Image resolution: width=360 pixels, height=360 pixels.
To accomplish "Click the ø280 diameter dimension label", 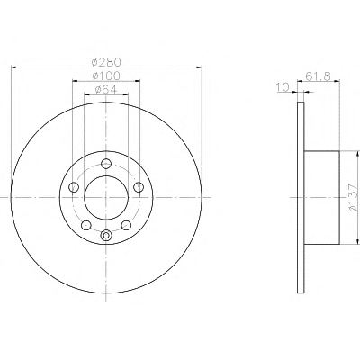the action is point(106,62).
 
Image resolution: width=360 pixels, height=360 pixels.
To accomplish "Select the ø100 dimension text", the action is point(106,76).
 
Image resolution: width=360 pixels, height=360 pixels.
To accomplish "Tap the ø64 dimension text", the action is point(106,89).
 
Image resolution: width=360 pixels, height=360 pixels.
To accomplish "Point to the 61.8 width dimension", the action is point(318,76).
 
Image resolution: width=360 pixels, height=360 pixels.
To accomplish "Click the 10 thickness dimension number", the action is point(282,87).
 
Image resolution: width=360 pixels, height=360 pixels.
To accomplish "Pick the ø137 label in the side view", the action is point(354,197).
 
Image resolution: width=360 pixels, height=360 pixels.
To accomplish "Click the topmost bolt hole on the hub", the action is point(106,164).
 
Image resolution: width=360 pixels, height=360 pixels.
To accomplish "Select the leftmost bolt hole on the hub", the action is point(74,187).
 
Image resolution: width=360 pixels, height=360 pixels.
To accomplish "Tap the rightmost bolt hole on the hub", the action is point(139,187).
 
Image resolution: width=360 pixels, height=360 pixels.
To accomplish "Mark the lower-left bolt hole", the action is point(86,225).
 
